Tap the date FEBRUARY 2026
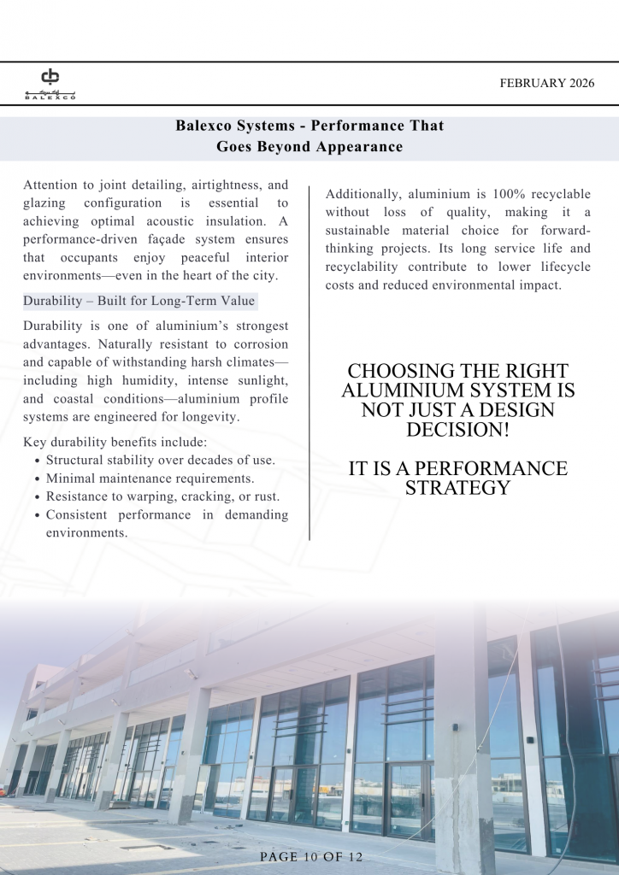[546, 84]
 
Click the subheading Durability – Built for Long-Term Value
[139, 302]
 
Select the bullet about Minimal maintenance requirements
[150, 479]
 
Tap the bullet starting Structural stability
[160, 460]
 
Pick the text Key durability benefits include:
[115, 442]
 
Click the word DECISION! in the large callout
[457, 430]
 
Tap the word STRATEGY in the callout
[457, 488]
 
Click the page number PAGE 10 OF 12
[310, 857]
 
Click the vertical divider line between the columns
[309, 359]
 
